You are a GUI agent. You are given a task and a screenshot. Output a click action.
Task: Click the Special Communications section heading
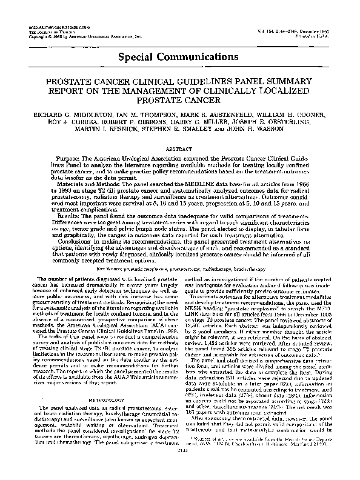tap(179, 58)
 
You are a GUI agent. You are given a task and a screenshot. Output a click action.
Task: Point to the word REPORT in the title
tap(64, 89)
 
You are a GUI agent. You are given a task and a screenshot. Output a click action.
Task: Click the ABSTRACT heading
tap(179, 147)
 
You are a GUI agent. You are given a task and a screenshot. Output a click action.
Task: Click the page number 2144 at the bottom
tap(179, 467)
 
